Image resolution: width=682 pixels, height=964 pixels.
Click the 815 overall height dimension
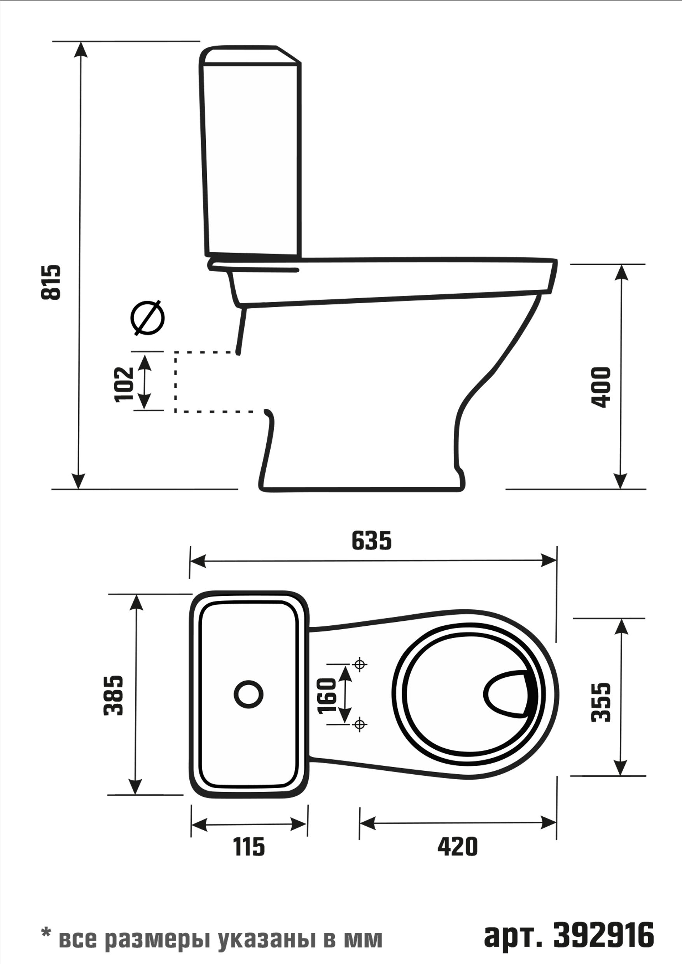(x=51, y=282)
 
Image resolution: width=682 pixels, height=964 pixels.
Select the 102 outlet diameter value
(x=124, y=384)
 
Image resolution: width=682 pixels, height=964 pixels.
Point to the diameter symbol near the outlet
(x=147, y=318)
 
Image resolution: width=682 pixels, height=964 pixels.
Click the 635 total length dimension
(x=371, y=541)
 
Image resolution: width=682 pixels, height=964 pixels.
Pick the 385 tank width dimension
(x=114, y=695)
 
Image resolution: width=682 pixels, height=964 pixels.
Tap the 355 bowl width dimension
(x=600, y=702)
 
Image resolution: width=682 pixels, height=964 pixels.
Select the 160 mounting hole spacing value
(x=327, y=696)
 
